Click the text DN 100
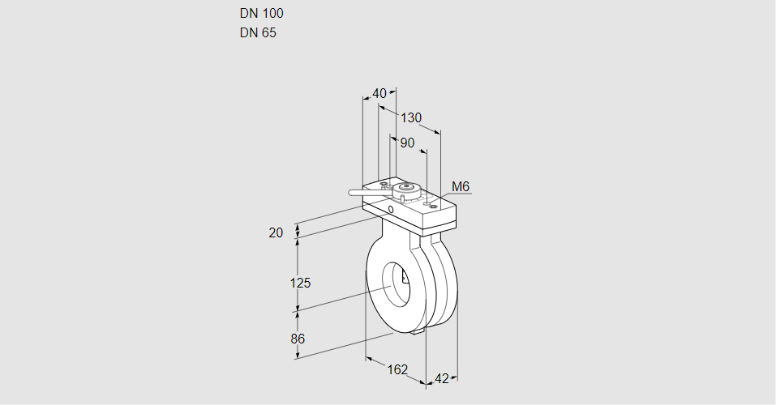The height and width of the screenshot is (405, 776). coord(261,13)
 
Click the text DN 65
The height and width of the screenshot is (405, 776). coord(258,33)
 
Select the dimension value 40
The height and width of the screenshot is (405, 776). coord(379,93)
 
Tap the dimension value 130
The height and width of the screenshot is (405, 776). coord(412,117)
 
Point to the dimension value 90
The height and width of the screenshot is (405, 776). coord(407,143)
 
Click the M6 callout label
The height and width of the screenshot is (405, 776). coord(460,187)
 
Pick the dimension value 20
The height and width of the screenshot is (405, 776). coord(276,232)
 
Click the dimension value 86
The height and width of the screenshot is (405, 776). coord(298,339)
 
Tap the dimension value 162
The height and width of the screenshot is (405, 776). coord(397,369)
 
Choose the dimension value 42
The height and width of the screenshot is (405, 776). coord(442,378)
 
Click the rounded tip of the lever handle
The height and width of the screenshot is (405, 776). coord(351,193)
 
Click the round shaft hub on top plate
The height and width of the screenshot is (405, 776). coord(408,190)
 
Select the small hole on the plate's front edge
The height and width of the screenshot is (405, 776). coord(391,210)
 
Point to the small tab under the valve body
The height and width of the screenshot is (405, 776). coord(418,330)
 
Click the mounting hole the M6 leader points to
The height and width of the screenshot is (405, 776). coord(434,207)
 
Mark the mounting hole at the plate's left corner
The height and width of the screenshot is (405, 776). coord(384,184)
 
